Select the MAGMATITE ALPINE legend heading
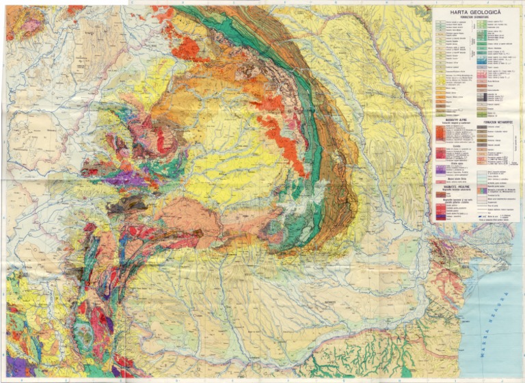(449, 117)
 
